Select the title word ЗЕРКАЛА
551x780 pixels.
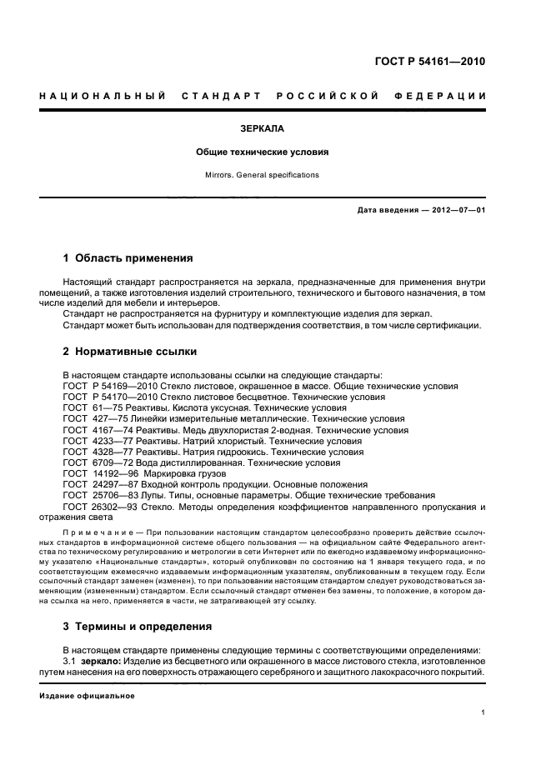tap(263, 129)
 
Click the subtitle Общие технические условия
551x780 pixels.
tap(263, 152)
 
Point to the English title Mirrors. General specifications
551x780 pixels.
tap(263, 175)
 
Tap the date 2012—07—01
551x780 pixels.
tap(457, 210)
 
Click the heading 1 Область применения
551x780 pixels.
tap(128, 257)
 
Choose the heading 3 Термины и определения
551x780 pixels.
tap(138, 626)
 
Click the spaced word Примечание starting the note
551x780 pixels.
tap(102, 531)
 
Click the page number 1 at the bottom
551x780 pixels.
tap(483, 712)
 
